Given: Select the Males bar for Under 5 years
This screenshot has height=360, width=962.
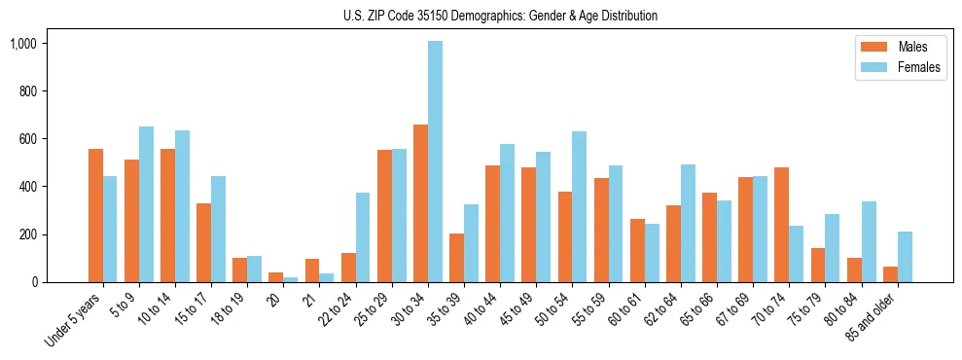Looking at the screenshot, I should (95, 215).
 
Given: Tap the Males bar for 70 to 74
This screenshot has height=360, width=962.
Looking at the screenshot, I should (782, 225).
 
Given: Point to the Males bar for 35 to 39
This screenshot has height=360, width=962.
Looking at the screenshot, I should (456, 258).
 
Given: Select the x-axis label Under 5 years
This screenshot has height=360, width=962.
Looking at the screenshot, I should (74, 320).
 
